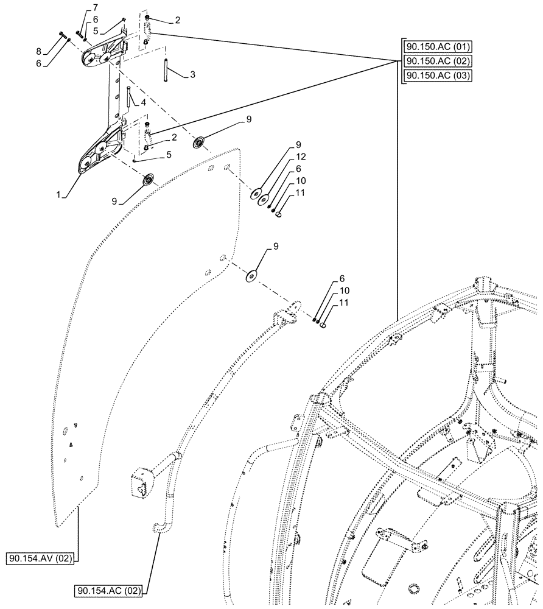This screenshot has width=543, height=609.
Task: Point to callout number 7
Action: coord(95,7)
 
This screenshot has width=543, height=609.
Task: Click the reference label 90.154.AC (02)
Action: coord(108,590)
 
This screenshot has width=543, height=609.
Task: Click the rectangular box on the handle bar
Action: coord(139,477)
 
